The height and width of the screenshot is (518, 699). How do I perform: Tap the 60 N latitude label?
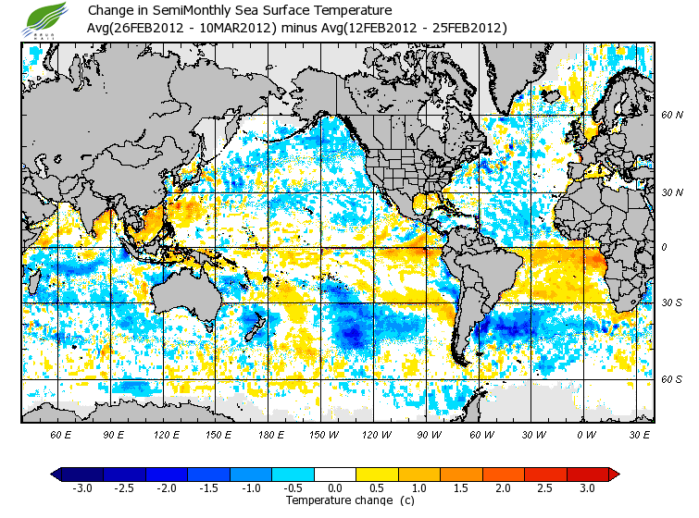pyautogui.click(x=672, y=116)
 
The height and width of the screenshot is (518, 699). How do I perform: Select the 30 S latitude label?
pyautogui.click(x=672, y=303)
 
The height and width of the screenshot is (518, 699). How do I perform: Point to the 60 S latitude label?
pyautogui.click(x=672, y=380)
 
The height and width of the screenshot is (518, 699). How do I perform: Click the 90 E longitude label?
pyautogui.click(x=113, y=435)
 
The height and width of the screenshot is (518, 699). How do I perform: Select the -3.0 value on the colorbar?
pyautogui.click(x=81, y=488)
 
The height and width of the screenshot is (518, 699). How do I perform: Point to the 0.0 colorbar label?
pyautogui.click(x=335, y=488)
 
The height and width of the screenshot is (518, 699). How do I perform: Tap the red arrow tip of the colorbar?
pyautogui.click(x=614, y=474)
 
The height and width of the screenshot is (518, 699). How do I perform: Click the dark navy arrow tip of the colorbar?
pyautogui.click(x=56, y=474)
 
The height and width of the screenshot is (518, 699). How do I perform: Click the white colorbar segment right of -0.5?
pyautogui.click(x=336, y=474)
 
